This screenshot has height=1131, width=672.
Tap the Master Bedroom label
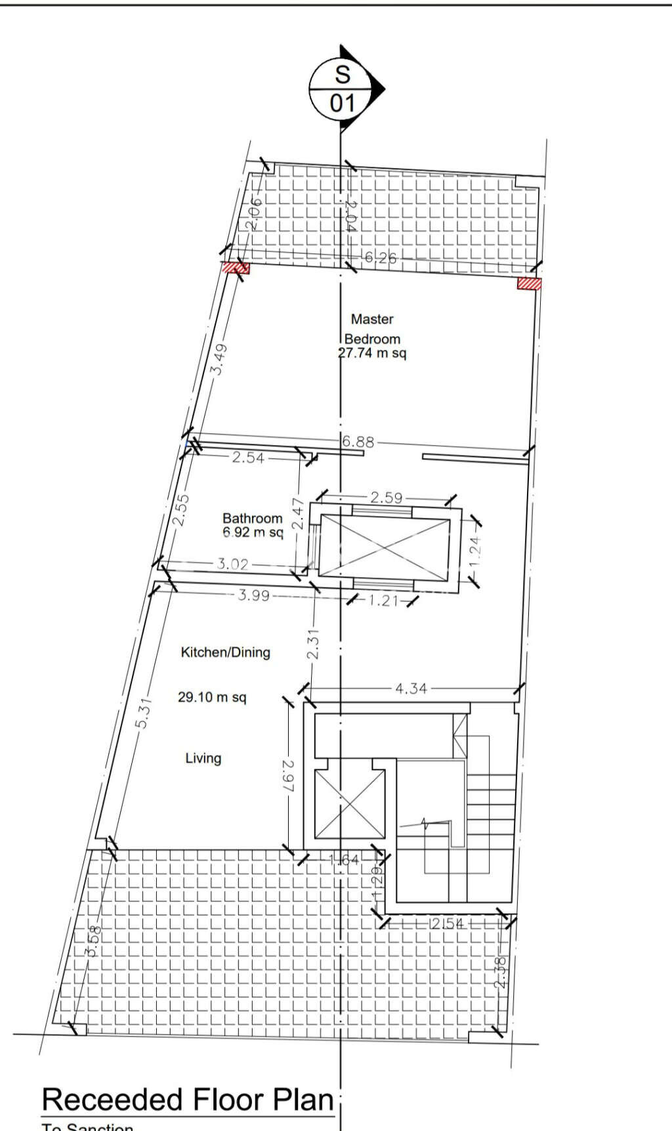click(372, 329)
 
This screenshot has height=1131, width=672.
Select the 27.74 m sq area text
click(372, 353)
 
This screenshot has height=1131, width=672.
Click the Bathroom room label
click(252, 519)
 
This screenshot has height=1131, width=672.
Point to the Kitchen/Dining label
click(225, 652)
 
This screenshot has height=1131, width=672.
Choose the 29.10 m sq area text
click(212, 697)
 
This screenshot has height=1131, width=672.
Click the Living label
click(203, 758)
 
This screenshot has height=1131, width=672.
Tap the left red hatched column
click(235, 268)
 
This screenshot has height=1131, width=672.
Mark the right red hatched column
click(529, 284)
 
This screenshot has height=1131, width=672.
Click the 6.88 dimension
click(358, 442)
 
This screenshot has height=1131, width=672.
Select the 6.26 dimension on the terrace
click(381, 258)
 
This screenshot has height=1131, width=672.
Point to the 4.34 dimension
click(411, 689)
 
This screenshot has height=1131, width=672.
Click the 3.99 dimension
click(253, 595)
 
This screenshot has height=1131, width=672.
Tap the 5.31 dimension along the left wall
click(144, 712)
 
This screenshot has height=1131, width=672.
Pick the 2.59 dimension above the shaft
click(386, 498)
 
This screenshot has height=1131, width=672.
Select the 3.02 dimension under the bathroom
click(232, 564)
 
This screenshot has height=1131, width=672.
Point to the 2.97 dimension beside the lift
click(289, 775)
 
